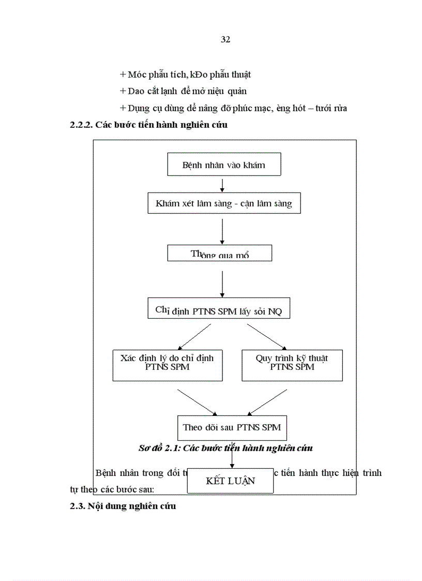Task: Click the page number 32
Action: [x=225, y=40]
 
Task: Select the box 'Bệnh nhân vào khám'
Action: [x=224, y=165]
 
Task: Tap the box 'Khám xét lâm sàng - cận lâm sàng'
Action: [x=223, y=203]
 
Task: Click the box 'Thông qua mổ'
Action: [x=220, y=254]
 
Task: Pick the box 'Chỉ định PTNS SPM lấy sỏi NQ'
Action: [x=219, y=311]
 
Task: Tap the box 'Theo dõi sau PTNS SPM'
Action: [x=232, y=427]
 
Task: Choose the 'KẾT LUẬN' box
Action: [x=230, y=481]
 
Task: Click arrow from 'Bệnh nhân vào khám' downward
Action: [x=222, y=185]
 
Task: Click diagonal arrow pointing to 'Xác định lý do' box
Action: [x=194, y=336]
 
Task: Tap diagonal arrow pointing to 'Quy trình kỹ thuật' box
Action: [x=266, y=336]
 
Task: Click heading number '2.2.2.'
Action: [x=81, y=125]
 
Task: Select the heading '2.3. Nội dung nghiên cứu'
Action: [x=123, y=506]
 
